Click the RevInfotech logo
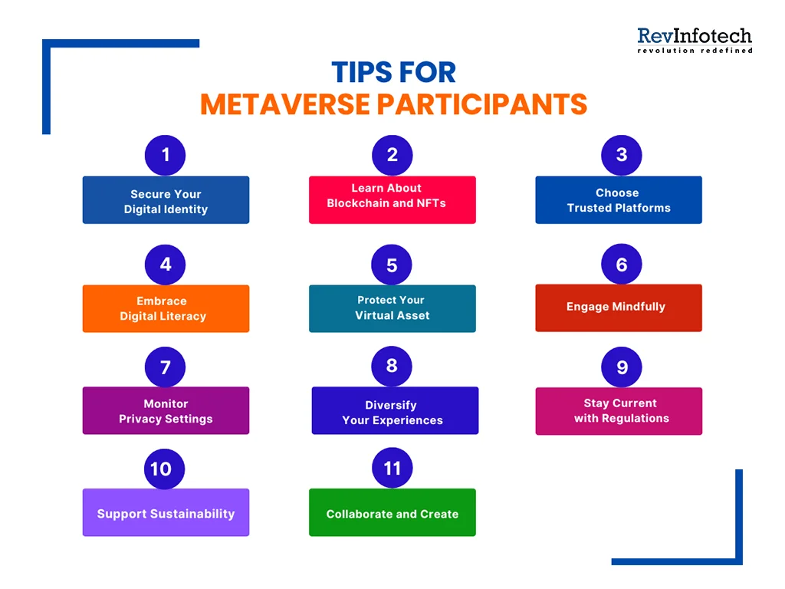695,40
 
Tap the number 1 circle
165,155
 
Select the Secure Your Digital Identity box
166,200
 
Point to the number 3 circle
621,155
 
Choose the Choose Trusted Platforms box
618,200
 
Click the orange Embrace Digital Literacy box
166,308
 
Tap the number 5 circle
392,265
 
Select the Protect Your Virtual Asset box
392,308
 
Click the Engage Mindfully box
618,308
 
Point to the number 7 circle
165,367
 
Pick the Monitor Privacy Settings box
166,410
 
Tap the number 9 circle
621,367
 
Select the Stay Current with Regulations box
618,411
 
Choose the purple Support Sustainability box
166,512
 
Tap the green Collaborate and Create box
392,512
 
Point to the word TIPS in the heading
360,72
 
